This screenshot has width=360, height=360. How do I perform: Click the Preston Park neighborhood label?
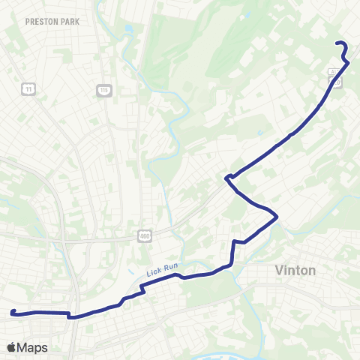coord(52,22)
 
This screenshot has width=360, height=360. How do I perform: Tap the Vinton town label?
coord(295,270)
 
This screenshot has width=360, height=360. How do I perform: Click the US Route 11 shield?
coord(29,89)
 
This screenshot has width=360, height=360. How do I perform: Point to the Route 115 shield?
coord(103,90)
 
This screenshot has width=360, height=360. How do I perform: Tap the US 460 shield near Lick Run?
coord(145,236)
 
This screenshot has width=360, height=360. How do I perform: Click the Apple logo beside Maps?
coord(12,347)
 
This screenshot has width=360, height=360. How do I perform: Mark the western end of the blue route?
coord(13,312)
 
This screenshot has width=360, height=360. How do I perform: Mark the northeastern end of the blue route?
coord(336,42)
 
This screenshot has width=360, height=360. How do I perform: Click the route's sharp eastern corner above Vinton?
coord(277,217)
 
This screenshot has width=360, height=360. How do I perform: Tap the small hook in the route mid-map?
coord(226,178)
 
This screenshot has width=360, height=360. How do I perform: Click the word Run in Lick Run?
coord(169,270)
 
